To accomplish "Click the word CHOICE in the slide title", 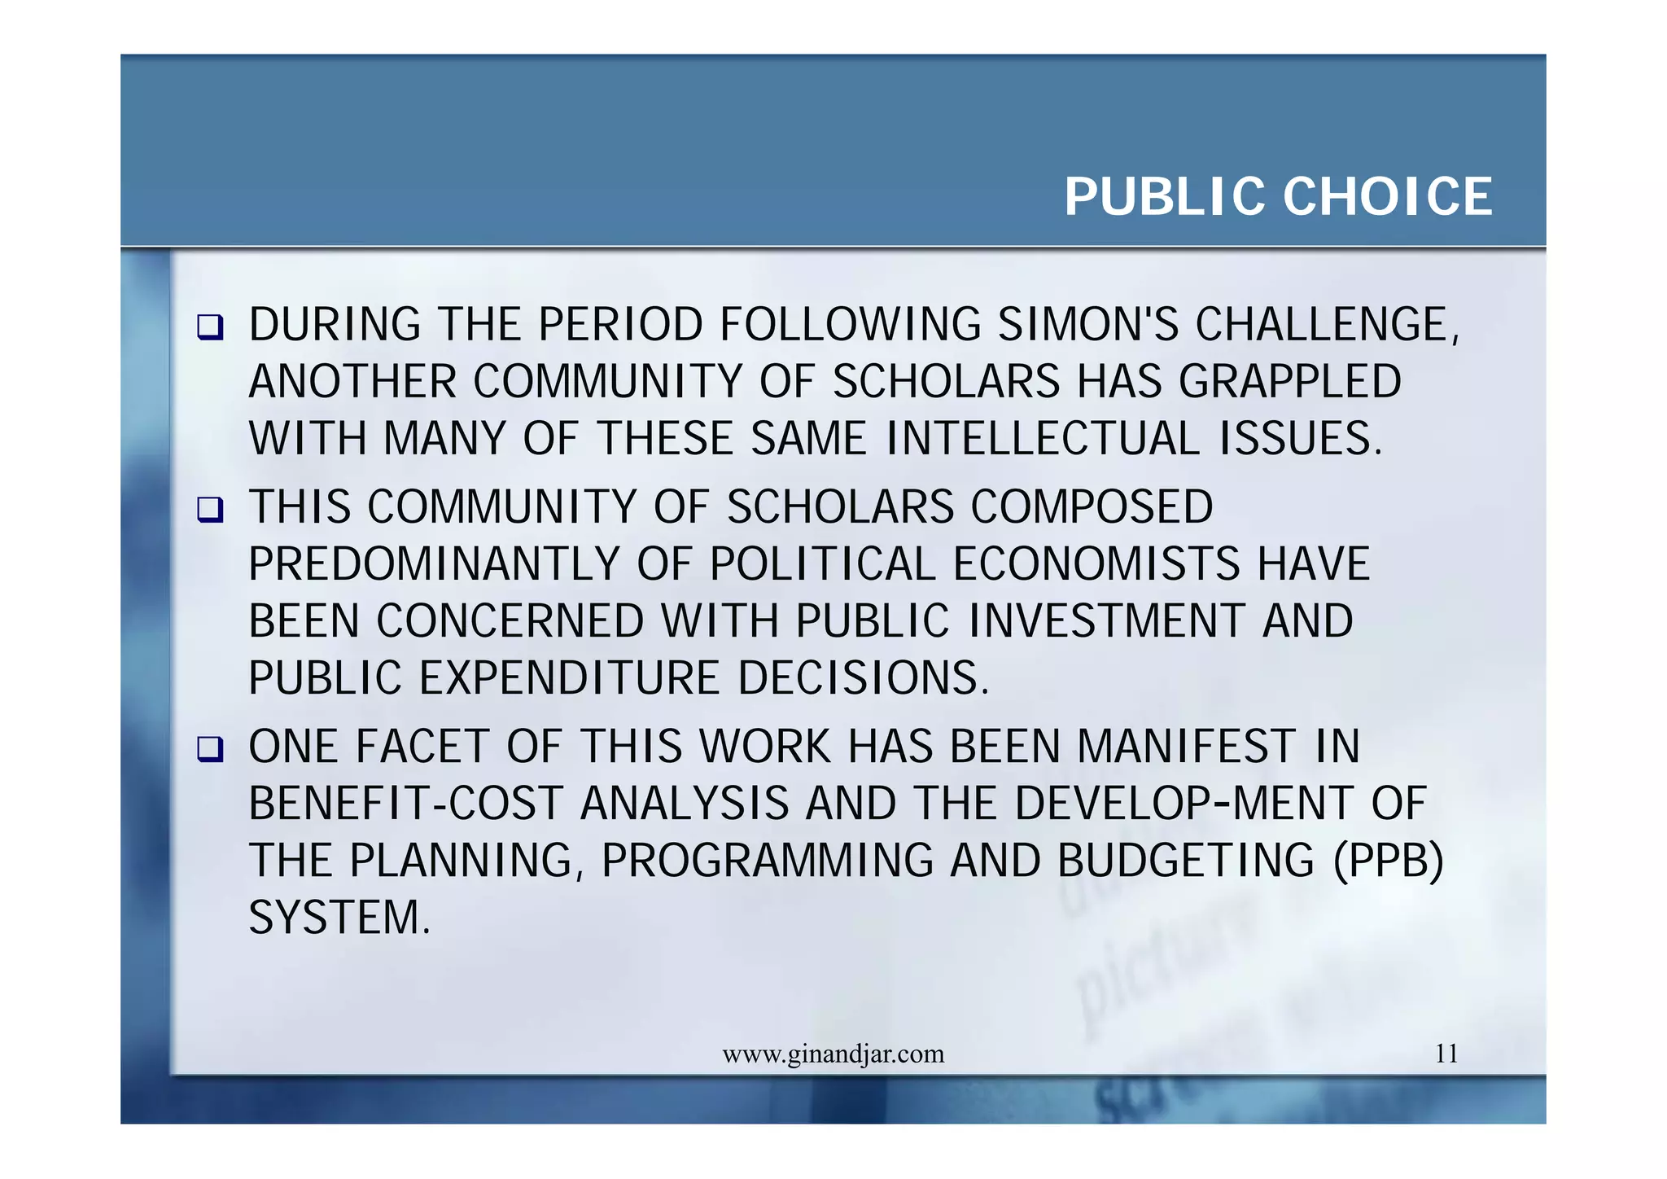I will [x=1388, y=197].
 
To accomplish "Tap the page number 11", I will [x=1446, y=1054].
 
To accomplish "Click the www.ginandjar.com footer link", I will [x=833, y=1054].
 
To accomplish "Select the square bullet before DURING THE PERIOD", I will [x=210, y=328].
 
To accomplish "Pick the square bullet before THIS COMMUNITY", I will [x=210, y=511].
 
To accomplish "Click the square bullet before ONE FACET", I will [x=210, y=749].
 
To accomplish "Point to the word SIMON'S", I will [x=1088, y=325].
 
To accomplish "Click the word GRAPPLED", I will [x=1290, y=382].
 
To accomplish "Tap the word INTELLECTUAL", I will [x=1043, y=439].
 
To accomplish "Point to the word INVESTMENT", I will [x=1107, y=621].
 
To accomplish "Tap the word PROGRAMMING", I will [x=768, y=861].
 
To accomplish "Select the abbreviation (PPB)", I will [x=1388, y=861].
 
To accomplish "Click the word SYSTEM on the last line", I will [x=339, y=918].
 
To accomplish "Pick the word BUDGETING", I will [x=1186, y=861].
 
